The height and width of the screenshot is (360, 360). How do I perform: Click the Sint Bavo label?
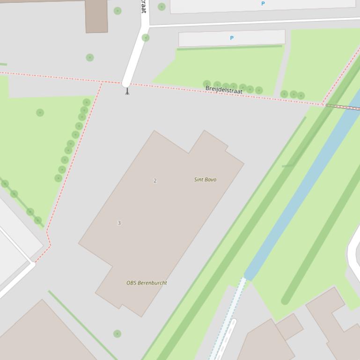click(x=205, y=180)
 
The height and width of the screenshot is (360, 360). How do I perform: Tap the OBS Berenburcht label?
click(x=147, y=283)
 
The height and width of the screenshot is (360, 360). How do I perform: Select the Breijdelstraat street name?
click(x=224, y=90)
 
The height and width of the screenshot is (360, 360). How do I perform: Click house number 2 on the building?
click(x=155, y=180)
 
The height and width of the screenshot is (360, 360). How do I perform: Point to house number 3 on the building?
click(x=119, y=223)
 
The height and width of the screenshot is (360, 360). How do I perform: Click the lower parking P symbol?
click(x=232, y=38)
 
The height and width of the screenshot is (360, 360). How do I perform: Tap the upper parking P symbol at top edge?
click(x=263, y=4)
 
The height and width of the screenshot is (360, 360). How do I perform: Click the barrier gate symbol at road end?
click(x=127, y=91)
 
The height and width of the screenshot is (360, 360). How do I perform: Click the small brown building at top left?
click(x=96, y=16)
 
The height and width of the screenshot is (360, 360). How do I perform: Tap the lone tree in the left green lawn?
click(x=40, y=113)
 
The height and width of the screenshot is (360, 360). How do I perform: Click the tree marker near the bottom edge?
click(x=117, y=333)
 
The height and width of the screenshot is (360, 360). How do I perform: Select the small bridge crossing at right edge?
click(x=344, y=108)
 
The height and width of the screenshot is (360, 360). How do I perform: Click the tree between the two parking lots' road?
click(x=146, y=38)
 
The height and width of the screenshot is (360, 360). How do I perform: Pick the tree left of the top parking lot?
click(x=162, y=7)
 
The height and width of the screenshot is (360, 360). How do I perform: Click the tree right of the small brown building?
click(x=118, y=11)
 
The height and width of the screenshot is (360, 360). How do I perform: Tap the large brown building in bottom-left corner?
click(x=42, y=334)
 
